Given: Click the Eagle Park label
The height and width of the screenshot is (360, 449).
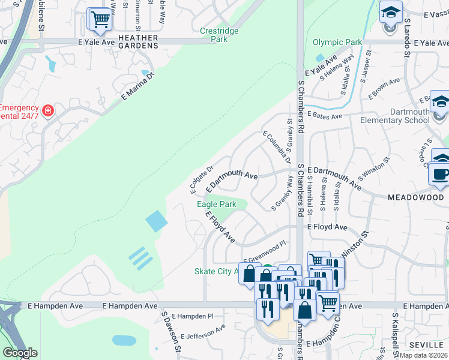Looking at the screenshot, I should [217, 205].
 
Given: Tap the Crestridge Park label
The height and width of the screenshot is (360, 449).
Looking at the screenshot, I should [219, 35].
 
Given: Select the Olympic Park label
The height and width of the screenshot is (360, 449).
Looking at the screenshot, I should [337, 43].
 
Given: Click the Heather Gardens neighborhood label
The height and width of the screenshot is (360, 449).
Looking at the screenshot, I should [138, 43].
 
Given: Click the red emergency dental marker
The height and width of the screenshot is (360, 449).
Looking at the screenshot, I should [48, 111].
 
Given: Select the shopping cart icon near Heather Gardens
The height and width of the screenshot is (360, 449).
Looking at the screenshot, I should [100, 19].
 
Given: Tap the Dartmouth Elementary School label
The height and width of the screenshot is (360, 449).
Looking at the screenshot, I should [394, 116].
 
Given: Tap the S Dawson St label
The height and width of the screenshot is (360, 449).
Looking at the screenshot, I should [169, 331].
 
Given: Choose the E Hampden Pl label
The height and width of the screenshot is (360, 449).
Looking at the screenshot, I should [192, 316].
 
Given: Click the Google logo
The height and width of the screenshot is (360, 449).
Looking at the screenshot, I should [20, 353].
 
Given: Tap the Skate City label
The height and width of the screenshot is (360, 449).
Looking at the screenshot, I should [213, 272].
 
